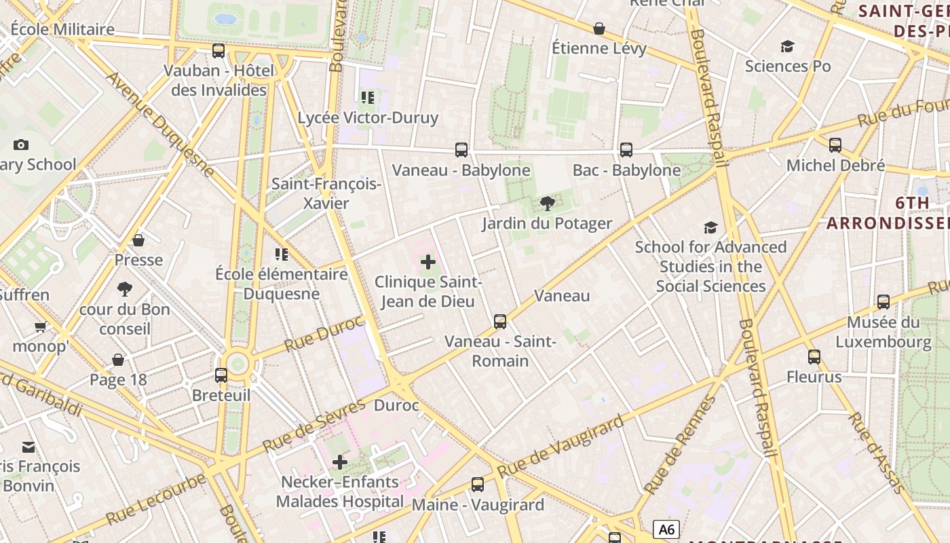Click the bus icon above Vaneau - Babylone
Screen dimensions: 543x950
461,150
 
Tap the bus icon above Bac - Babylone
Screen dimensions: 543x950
626,150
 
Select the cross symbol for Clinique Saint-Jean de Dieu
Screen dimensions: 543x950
428,261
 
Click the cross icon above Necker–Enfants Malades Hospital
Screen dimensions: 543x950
339,462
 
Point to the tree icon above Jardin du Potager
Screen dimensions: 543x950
547,203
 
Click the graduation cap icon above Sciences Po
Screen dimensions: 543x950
787,46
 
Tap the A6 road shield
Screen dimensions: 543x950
666,529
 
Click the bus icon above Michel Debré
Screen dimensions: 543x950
835,145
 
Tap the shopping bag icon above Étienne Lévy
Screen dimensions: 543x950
599,29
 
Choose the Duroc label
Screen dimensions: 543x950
396,406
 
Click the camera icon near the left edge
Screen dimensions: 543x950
21,145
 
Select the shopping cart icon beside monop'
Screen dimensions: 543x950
40,327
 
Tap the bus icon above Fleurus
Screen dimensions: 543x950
814,357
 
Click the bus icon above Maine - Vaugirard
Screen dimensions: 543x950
478,485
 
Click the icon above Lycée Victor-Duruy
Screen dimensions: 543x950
368,98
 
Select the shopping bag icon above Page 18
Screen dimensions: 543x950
118,360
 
